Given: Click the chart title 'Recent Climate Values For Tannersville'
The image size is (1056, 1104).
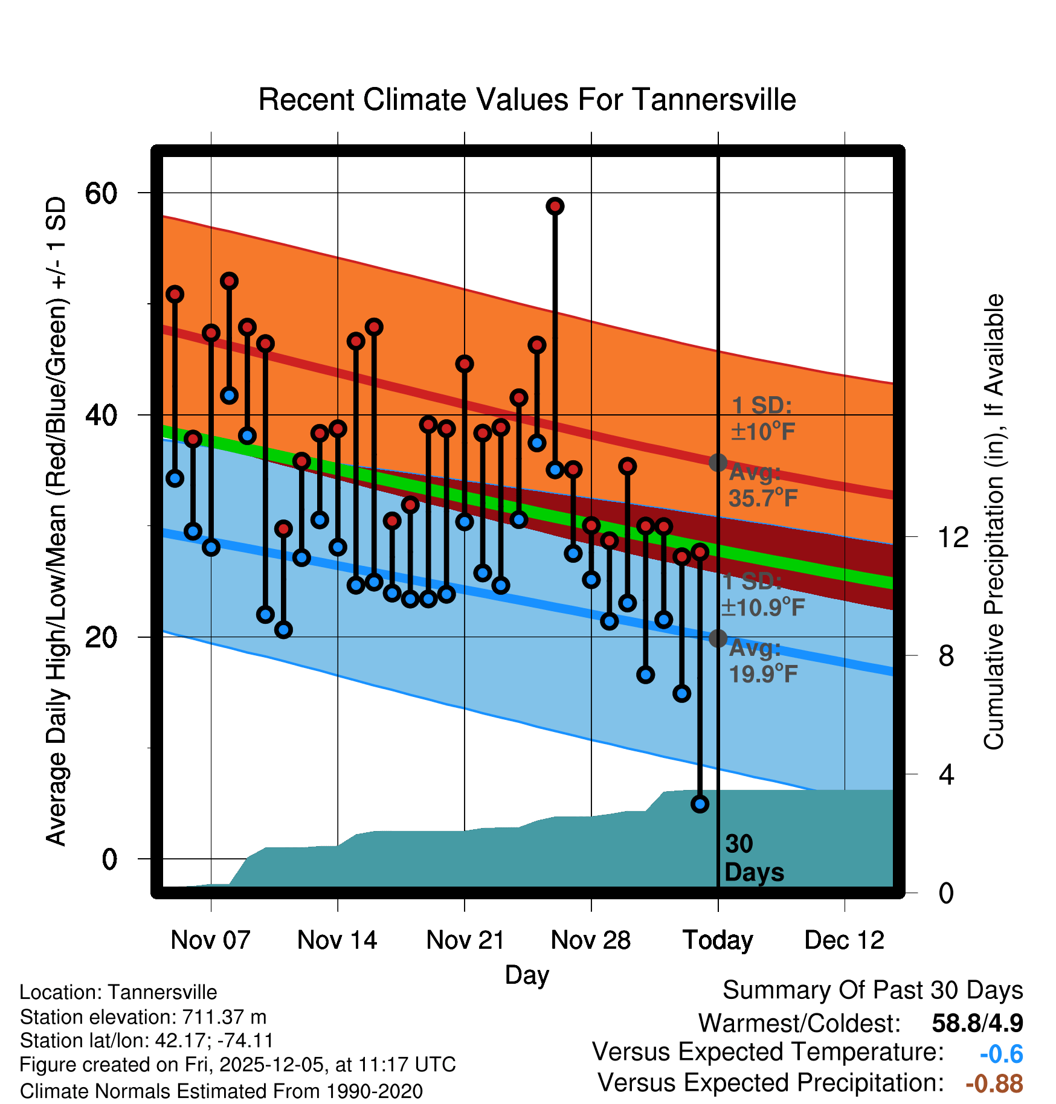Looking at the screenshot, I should click(527, 100).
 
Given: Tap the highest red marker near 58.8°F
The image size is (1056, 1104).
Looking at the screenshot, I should click(555, 207).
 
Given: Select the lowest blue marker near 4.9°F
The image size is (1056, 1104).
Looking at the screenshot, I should click(700, 804).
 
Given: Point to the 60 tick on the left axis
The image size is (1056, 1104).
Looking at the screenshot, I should click(101, 193).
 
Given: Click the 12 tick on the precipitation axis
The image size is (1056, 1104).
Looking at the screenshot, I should click(953, 537).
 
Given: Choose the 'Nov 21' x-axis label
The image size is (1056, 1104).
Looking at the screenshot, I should click(465, 940).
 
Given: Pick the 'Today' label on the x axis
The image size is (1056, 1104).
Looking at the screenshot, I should click(718, 940).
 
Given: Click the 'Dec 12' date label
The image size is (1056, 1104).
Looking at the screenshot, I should click(844, 940).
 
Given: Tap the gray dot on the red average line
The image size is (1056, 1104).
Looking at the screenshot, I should click(718, 463).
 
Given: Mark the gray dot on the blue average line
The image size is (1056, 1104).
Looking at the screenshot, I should click(718, 638).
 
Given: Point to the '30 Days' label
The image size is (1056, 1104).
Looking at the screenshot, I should click(753, 858).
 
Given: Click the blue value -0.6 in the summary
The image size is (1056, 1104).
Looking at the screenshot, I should click(1001, 1054).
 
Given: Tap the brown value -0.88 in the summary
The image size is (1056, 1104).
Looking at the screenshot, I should click(994, 1083).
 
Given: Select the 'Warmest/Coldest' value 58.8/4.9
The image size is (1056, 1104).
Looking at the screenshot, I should click(977, 1023).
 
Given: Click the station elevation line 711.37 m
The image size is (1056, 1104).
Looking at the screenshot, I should click(143, 1017).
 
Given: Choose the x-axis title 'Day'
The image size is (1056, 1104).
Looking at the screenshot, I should click(527, 975).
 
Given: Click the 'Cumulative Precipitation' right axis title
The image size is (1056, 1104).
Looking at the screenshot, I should click(994, 522).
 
